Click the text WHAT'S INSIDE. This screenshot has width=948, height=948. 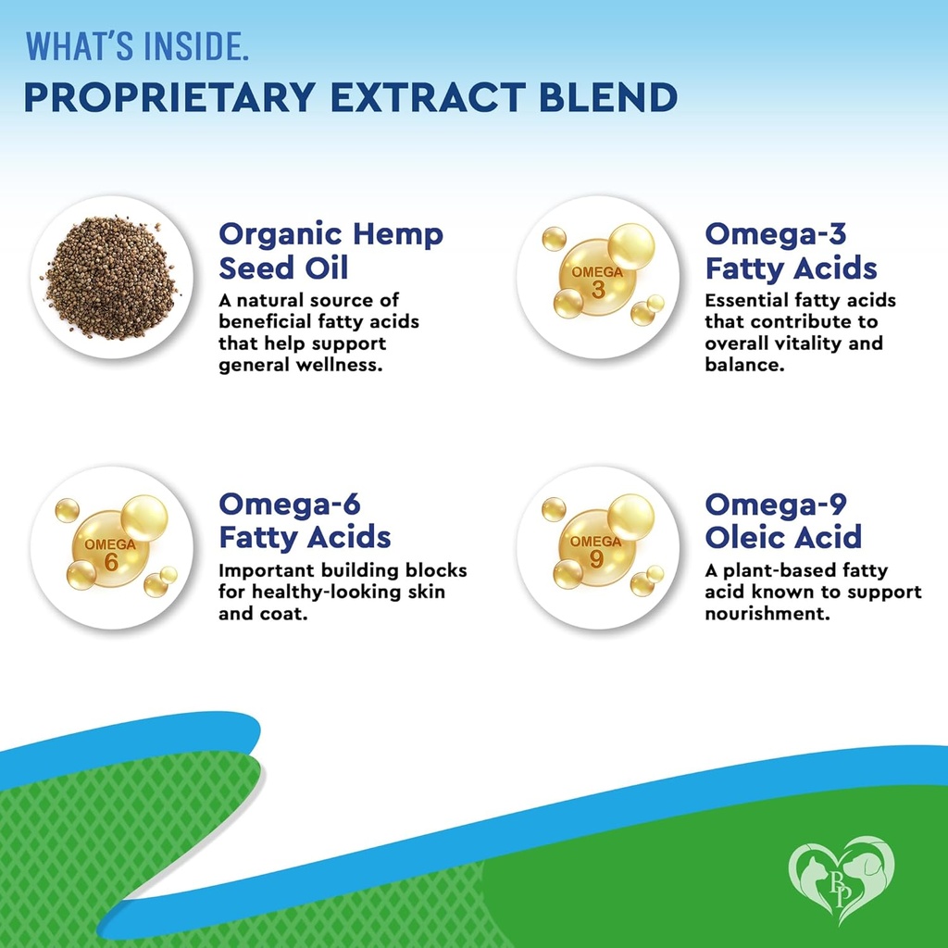(137, 45)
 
